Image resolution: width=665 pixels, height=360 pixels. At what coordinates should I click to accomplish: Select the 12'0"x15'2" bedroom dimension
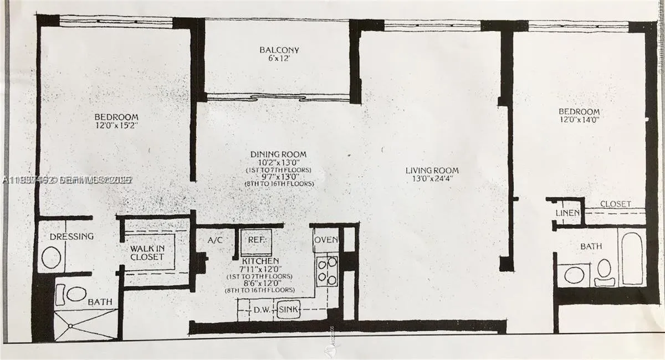click(116, 125)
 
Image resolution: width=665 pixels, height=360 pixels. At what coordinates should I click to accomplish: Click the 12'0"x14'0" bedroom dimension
click(579, 119)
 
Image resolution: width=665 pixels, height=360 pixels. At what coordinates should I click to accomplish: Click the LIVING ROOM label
click(432, 170)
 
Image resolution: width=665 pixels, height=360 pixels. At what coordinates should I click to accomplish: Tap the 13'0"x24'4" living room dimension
click(432, 179)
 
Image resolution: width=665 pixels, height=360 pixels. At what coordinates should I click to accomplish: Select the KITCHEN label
click(260, 261)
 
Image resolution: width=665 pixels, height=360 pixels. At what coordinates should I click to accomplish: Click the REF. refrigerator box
click(255, 241)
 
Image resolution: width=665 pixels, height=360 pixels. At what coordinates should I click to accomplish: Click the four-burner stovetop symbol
click(327, 271)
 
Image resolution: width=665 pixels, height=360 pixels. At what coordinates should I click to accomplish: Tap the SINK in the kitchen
click(289, 310)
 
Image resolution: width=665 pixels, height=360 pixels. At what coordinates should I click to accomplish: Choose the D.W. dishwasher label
click(261, 310)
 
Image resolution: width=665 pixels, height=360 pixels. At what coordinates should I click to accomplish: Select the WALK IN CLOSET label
click(147, 253)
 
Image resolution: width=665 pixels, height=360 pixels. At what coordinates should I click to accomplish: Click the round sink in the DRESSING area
click(52, 258)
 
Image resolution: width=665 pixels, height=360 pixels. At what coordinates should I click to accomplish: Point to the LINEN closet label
click(567, 213)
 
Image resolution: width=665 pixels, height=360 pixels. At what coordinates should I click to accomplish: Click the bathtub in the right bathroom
click(632, 258)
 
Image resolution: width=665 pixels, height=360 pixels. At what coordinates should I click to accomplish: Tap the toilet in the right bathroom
click(603, 271)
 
